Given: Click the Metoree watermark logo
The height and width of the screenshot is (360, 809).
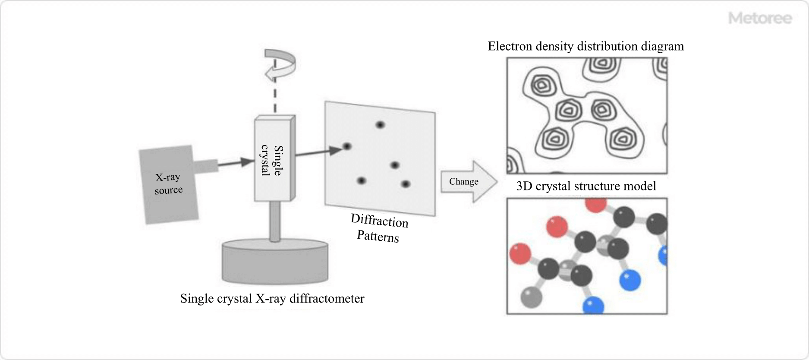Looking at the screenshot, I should (x=760, y=18).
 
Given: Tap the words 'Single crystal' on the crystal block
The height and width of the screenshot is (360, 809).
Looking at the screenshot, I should (x=272, y=160).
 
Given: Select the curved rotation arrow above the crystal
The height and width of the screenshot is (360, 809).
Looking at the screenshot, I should (x=280, y=65).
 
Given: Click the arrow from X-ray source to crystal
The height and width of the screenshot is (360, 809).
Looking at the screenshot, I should (x=235, y=163).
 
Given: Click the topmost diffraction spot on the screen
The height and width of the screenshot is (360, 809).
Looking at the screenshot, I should (x=380, y=125).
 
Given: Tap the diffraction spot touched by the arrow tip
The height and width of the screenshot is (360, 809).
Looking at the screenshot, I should (x=347, y=146).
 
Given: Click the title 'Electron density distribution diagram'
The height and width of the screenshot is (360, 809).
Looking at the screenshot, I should (x=586, y=46).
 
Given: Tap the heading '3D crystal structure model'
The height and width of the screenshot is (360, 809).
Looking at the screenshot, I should (x=586, y=186).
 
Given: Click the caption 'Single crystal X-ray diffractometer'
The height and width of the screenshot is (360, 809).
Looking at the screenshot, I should (x=272, y=298).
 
